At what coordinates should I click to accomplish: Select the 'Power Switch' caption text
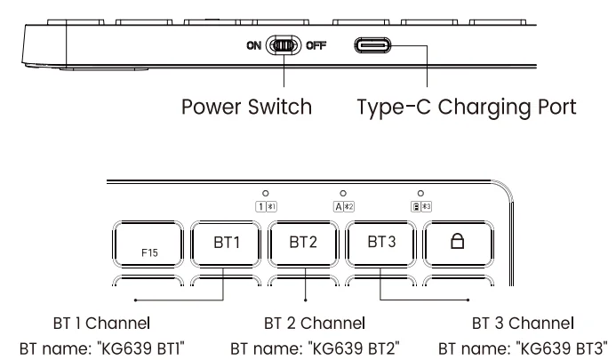tap(245, 108)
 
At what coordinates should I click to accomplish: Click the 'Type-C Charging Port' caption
tap(467, 108)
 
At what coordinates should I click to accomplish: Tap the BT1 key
tap(225, 243)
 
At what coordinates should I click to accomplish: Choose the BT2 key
tap(302, 243)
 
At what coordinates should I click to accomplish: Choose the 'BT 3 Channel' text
tap(523, 321)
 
